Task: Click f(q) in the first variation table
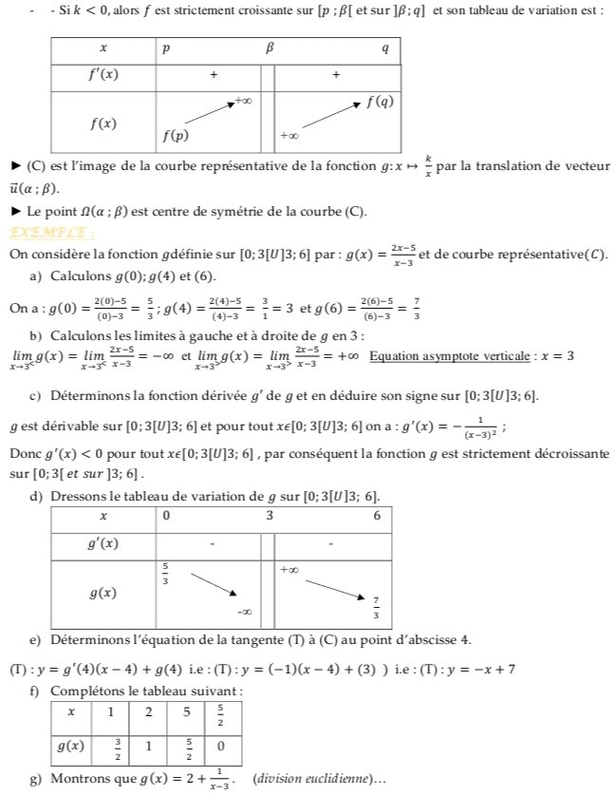coord(381,99)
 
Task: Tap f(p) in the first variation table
coord(174,135)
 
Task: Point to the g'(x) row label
coord(103,543)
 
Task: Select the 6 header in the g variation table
coord(377,516)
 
